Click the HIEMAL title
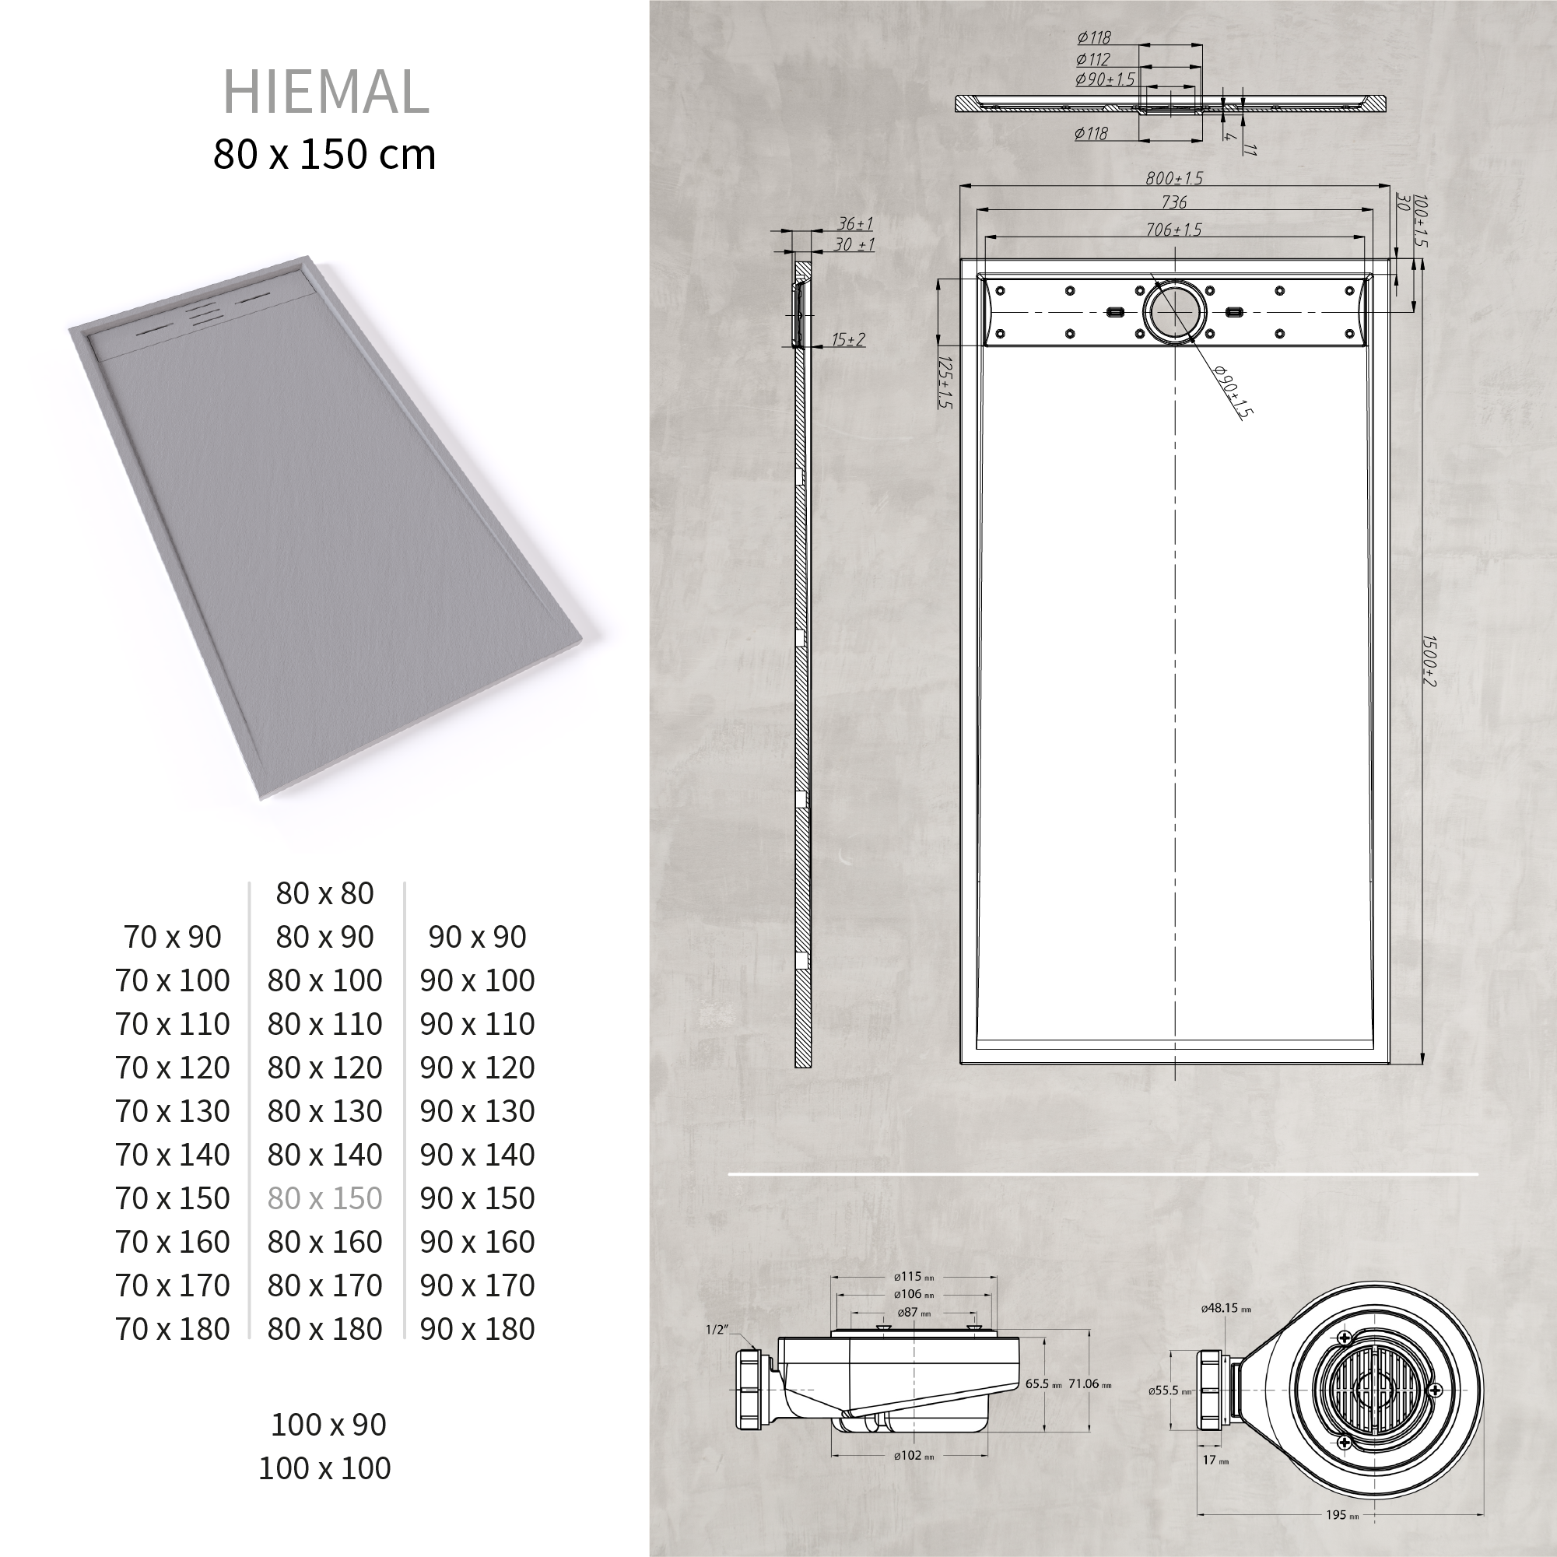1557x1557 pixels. pyautogui.click(x=325, y=92)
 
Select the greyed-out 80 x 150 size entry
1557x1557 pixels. pyautogui.click(x=324, y=1198)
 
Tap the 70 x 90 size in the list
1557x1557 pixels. pyautogui.click(x=173, y=938)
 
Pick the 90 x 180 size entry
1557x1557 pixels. pyautogui.click(x=477, y=1329)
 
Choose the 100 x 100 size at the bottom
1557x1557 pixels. pyautogui.click(x=324, y=1468)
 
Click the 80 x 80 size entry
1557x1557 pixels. pyautogui.click(x=324, y=893)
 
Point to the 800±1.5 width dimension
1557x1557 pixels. pyautogui.click(x=1174, y=178)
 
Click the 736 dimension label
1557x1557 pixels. pyautogui.click(x=1174, y=202)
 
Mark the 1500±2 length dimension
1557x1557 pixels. pyautogui.click(x=1428, y=661)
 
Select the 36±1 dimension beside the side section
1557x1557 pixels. pyautogui.click(x=855, y=223)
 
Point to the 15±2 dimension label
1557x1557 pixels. pyautogui.click(x=849, y=339)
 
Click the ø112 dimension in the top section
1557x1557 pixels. pyautogui.click(x=1092, y=59)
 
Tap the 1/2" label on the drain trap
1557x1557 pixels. pyautogui.click(x=717, y=1330)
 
